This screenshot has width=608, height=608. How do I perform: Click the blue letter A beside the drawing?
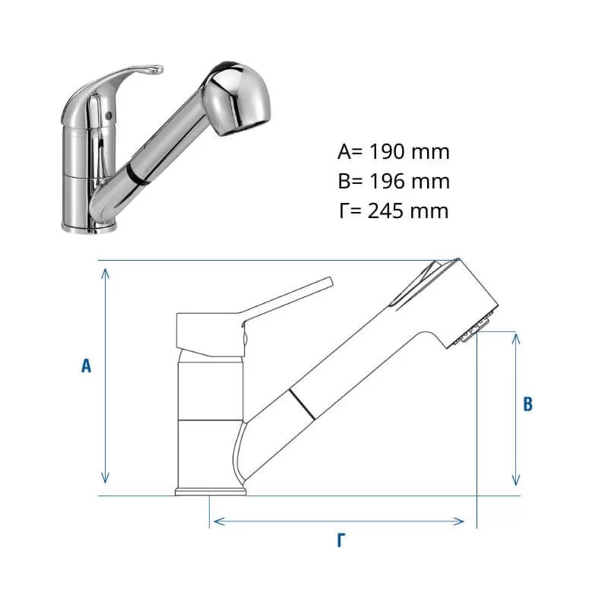pyautogui.click(x=86, y=366)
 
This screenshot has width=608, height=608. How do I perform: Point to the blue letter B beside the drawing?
pyautogui.click(x=527, y=404)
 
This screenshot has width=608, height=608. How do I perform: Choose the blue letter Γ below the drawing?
pyautogui.click(x=341, y=540)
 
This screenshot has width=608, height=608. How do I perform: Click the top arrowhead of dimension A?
pyautogui.click(x=105, y=274)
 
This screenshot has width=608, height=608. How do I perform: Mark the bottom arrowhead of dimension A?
pyautogui.click(x=105, y=478)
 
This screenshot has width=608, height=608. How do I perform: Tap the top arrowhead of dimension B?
pyautogui.click(x=516, y=339)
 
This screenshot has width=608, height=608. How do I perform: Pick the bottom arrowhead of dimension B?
pyautogui.click(x=516, y=480)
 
